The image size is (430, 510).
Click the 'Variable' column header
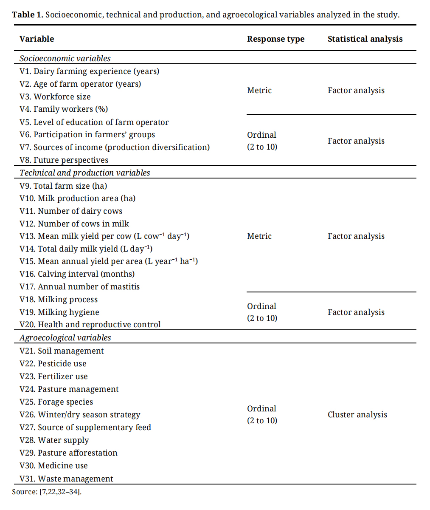pos(37,39)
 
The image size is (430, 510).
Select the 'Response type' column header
pos(275,39)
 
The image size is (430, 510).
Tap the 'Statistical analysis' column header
pos(365,39)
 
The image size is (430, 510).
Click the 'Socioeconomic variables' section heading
pos(65,58)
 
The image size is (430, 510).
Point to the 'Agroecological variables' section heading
pos(65,337)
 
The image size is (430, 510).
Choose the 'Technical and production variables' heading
pos(85,173)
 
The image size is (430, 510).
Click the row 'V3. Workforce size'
pos(55,96)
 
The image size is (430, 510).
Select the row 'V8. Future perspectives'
pos(64,160)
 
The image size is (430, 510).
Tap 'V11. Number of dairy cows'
pos(71,211)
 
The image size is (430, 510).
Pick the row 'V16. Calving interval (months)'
pos(77,274)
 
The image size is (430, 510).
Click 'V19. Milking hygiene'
pos(59,312)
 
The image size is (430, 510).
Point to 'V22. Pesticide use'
pos(53,363)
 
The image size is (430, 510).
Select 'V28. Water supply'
pos(54,440)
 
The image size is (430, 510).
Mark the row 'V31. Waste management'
pos(66,479)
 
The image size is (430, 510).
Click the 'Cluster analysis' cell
pos(357,414)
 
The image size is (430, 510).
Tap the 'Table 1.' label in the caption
pos(28,15)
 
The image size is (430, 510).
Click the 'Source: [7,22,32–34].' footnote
pos(47,492)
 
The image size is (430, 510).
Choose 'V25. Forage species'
pos(56,402)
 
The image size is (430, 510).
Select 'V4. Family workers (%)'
pos(64,109)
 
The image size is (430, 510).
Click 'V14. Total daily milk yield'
pos(86,249)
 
